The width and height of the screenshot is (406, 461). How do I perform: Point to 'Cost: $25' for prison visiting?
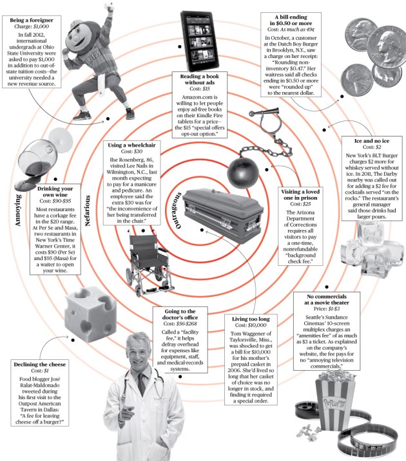tap(302, 204)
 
